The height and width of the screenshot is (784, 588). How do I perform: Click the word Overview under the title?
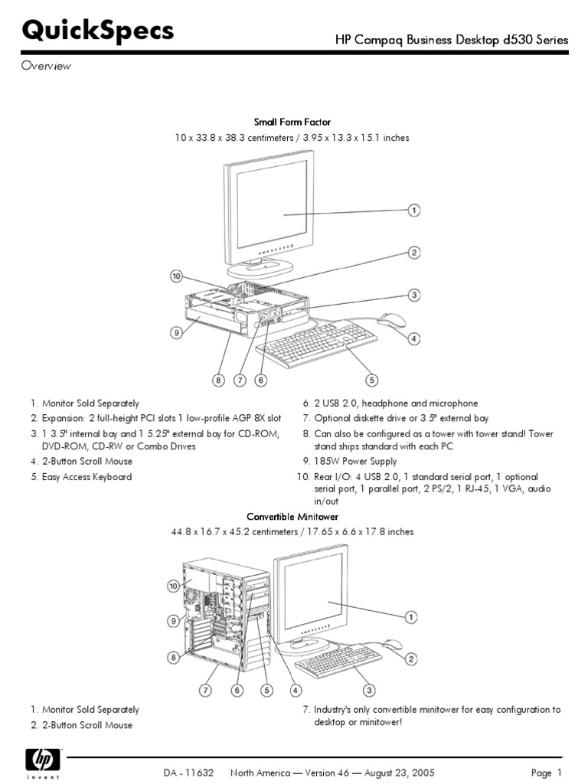click(x=45, y=66)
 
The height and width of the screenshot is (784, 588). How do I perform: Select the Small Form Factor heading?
click(x=292, y=122)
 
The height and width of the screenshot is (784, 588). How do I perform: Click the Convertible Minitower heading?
click(x=292, y=517)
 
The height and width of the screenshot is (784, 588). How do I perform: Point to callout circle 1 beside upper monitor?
click(x=413, y=211)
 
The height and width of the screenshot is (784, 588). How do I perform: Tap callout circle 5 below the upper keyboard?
click(x=371, y=379)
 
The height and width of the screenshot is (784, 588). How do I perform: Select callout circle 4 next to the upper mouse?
click(x=413, y=338)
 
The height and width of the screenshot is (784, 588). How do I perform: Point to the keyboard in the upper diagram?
click(x=317, y=344)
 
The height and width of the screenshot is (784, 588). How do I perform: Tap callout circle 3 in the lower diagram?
click(x=368, y=690)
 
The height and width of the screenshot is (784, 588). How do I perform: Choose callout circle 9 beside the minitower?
click(x=175, y=621)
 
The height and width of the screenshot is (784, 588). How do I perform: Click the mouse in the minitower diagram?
click(x=391, y=644)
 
